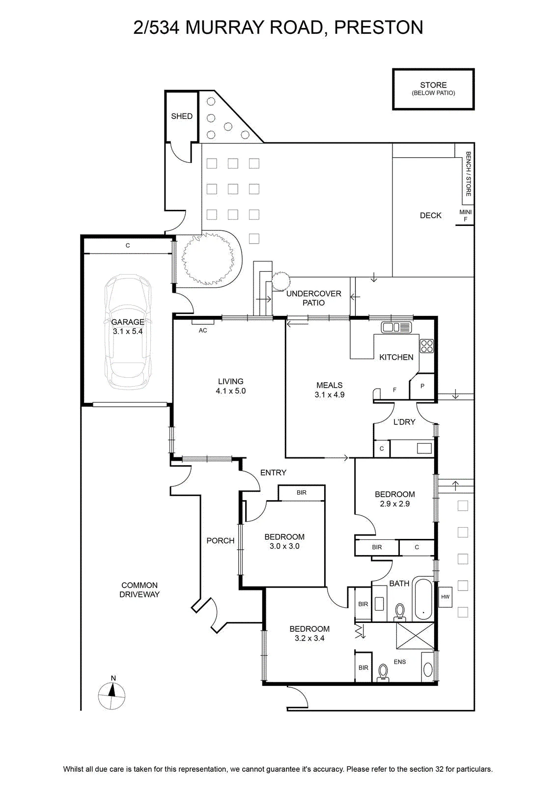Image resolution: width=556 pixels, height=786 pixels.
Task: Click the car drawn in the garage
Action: pyautogui.click(x=128, y=332)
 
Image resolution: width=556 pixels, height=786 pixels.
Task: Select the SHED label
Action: pyautogui.click(x=182, y=116)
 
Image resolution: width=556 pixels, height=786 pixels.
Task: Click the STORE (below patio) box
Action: pyautogui.click(x=433, y=89)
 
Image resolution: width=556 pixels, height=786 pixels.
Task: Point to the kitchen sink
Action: pyautogui.click(x=396, y=327)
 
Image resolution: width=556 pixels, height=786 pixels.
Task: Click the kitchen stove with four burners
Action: pyautogui.click(x=427, y=346)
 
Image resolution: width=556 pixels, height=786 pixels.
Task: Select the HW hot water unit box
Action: pyautogui.click(x=445, y=596)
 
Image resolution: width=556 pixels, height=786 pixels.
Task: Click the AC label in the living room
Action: pyautogui.click(x=203, y=330)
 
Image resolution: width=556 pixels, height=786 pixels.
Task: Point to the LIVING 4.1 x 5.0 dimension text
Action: pyautogui.click(x=231, y=391)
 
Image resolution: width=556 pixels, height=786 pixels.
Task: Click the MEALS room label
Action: pyautogui.click(x=330, y=385)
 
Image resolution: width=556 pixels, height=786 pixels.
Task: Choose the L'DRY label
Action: pyautogui.click(x=404, y=422)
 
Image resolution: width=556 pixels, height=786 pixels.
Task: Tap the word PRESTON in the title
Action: pyautogui.click(x=379, y=28)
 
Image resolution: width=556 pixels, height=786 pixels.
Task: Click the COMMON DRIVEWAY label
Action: pyautogui.click(x=139, y=589)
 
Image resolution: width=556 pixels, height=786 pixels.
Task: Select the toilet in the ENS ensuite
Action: pyautogui.click(x=383, y=673)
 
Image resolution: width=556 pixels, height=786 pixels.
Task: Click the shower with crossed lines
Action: pyautogui.click(x=415, y=636)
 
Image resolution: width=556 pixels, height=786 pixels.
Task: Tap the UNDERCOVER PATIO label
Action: pyautogui.click(x=313, y=298)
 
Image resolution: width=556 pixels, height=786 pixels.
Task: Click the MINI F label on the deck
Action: pyautogui.click(x=466, y=216)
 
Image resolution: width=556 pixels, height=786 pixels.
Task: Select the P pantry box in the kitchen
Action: pyautogui.click(x=422, y=386)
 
